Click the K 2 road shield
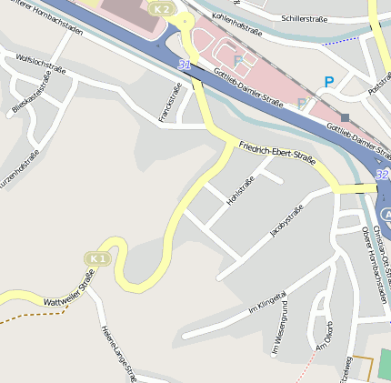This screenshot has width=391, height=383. (x=162, y=8)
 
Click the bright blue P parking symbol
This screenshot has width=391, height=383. (x=329, y=82)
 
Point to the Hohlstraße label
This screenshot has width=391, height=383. (x=240, y=190)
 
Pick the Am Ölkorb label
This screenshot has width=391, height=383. (x=325, y=335)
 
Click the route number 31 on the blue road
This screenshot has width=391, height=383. (x=185, y=66)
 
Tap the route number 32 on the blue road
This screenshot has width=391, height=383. (x=381, y=173)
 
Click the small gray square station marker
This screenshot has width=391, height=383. (x=346, y=116)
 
